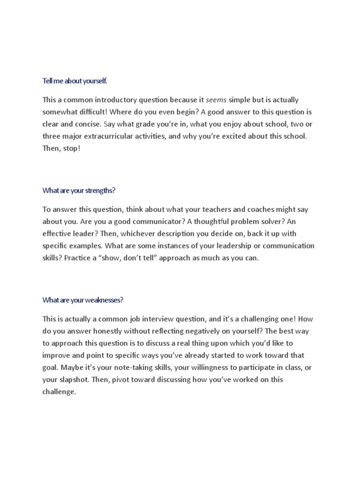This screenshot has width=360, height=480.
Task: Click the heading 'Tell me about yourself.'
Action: coord(75,81)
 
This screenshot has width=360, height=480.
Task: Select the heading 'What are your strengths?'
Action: coord(79,191)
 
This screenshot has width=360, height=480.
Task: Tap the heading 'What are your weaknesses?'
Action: coord(82,300)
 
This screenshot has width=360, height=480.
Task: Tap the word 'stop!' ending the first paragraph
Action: coord(71,149)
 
